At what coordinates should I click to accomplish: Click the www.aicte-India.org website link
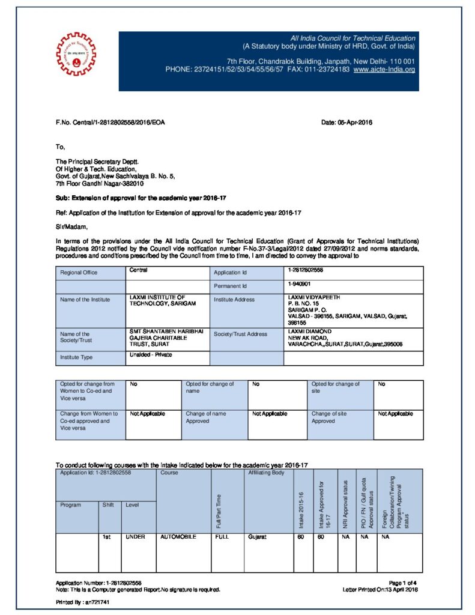tap(384, 70)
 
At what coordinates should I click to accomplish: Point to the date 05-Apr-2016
tap(347, 123)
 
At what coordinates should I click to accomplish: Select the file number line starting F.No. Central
tap(110, 123)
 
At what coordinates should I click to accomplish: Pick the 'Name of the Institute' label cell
tap(85, 300)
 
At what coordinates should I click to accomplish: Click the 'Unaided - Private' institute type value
tap(151, 354)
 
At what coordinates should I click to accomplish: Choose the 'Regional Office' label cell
tap(79, 273)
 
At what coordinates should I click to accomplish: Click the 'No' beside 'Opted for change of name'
tap(256, 384)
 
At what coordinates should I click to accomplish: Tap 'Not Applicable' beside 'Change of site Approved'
tap(395, 414)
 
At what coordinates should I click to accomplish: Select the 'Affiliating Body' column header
tap(266, 473)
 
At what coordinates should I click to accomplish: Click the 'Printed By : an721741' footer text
tap(83, 601)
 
